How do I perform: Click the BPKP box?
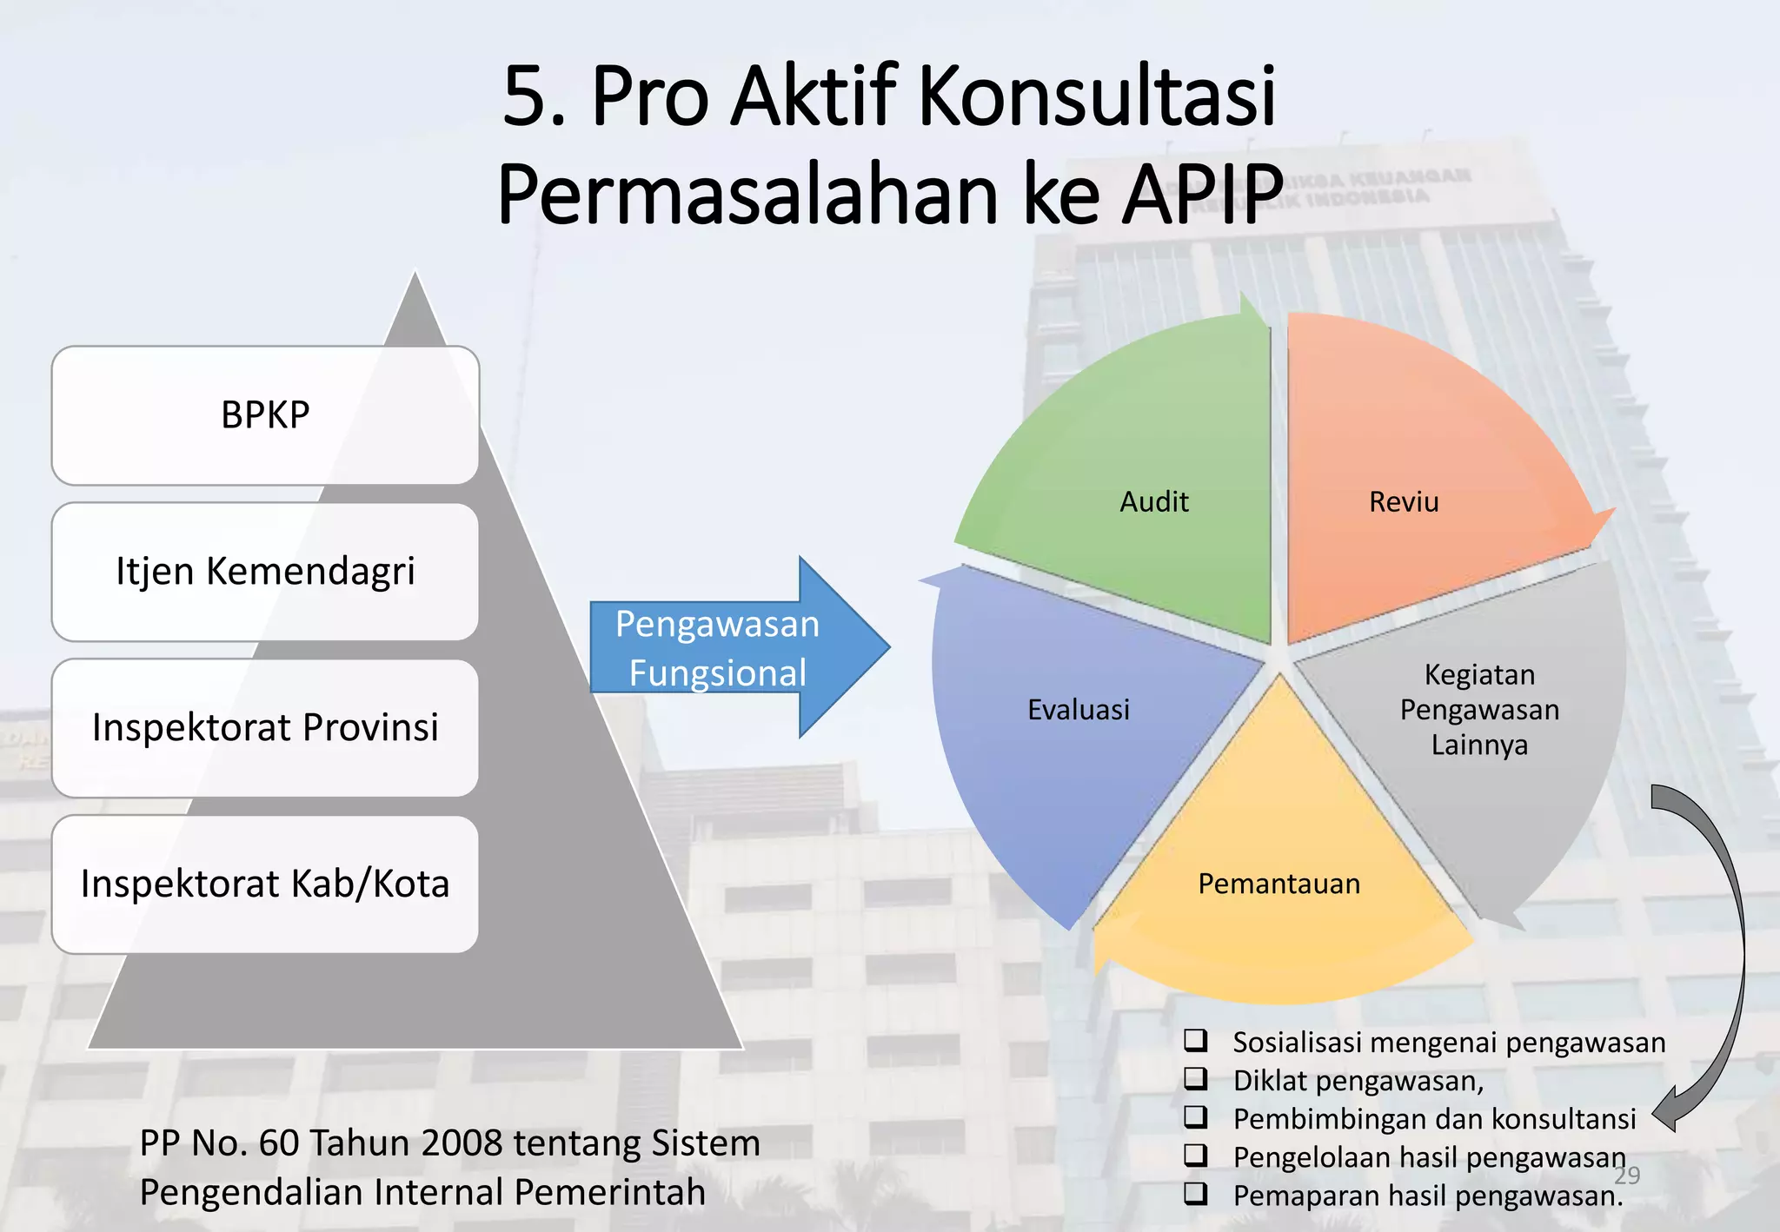(265, 415)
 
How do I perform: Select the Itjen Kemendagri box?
(265, 572)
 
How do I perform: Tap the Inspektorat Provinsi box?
(265, 728)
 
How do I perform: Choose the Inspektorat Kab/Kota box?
(265, 884)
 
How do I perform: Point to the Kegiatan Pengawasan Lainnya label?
(1479, 710)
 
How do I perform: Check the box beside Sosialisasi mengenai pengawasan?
(1196, 1040)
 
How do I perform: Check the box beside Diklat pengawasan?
(1196, 1078)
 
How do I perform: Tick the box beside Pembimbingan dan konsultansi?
(1196, 1116)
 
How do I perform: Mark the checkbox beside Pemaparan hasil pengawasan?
(1196, 1193)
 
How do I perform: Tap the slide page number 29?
(1627, 1175)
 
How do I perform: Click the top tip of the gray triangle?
(415, 276)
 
